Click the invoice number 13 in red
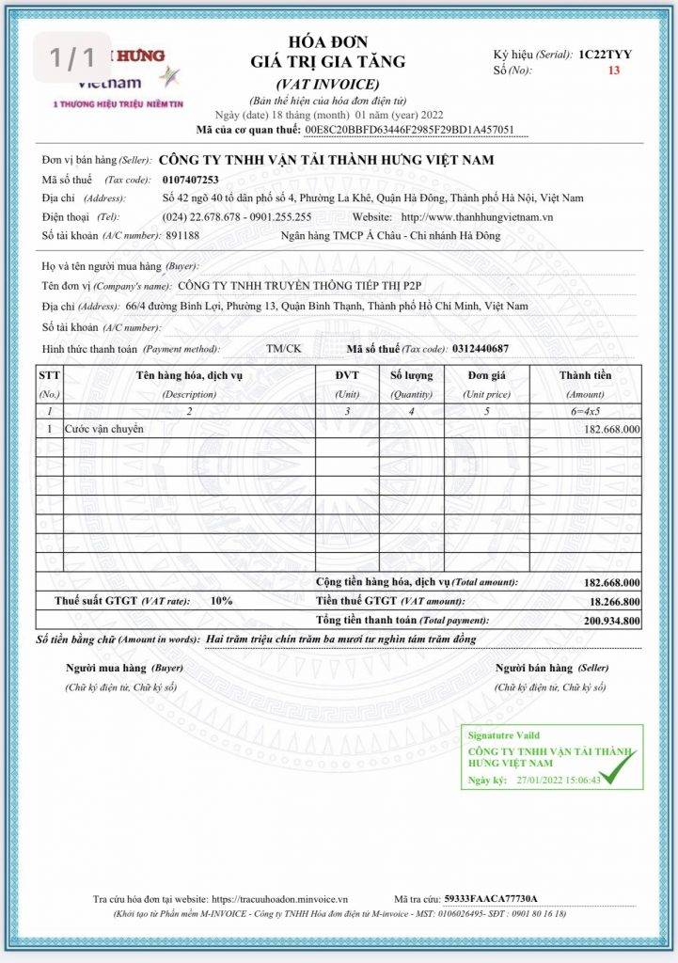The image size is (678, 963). coord(614,71)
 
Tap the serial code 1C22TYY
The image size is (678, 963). coord(606,55)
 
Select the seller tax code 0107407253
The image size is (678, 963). coord(190,179)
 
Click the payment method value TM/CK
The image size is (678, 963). coord(284,348)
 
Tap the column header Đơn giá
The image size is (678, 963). coord(489,375)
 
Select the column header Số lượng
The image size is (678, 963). coord(411,375)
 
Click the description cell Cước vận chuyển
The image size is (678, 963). coord(103,429)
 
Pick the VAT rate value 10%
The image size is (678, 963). coord(222,600)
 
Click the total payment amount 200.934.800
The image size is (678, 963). coord(611,621)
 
